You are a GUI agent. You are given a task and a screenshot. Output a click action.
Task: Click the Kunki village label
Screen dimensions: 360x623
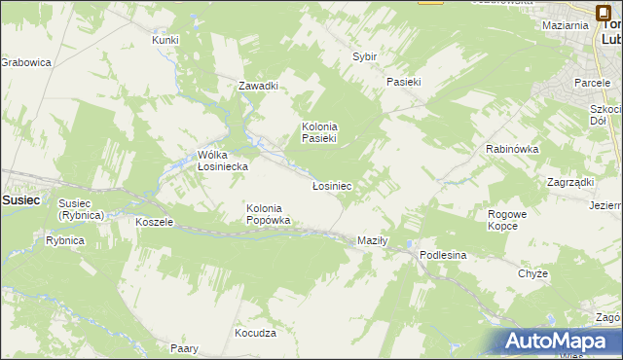tap(165, 40)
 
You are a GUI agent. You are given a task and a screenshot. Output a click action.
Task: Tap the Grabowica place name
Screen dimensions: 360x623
tap(25, 62)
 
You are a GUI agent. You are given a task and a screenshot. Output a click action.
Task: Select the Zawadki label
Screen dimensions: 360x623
tap(259, 86)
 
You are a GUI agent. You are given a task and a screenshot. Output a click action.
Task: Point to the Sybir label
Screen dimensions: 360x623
tap(364, 57)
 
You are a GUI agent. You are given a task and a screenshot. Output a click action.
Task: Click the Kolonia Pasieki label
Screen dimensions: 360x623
tap(319, 132)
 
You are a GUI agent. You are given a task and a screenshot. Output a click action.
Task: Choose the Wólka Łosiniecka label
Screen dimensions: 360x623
tap(223, 161)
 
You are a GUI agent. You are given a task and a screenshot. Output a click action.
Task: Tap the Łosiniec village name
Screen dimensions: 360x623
tap(331, 185)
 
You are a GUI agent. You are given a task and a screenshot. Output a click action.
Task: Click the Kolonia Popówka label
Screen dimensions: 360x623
tap(269, 214)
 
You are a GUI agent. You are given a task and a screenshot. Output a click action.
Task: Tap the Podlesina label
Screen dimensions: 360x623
tap(444, 255)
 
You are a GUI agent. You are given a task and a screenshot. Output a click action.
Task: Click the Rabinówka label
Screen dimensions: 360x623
tap(512, 149)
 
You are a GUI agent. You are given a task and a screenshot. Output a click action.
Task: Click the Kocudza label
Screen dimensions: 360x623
tap(256, 333)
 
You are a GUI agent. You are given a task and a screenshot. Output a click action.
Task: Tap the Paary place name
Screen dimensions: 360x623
tap(184, 348)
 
